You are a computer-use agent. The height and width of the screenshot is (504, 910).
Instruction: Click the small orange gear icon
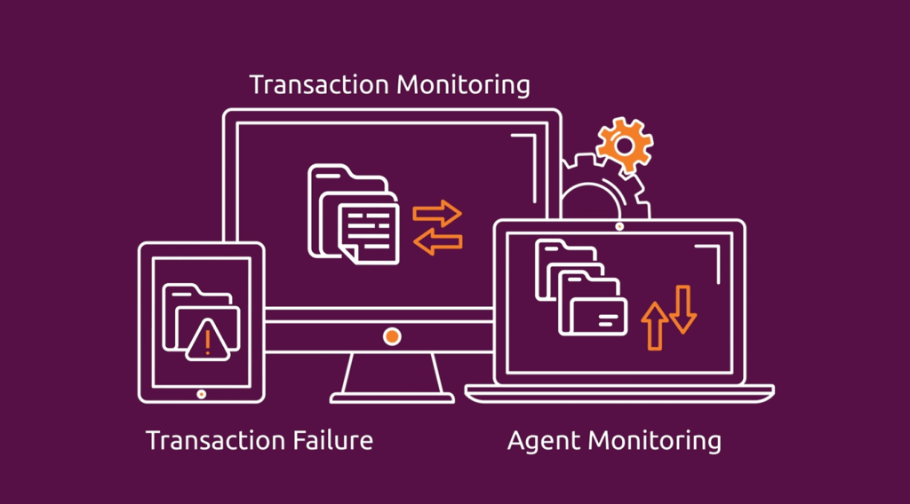tap(625, 144)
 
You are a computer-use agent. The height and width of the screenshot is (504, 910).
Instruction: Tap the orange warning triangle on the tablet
tap(208, 339)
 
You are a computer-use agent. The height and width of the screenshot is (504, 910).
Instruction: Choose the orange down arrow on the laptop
tap(682, 309)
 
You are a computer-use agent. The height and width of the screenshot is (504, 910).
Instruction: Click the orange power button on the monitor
tap(392, 335)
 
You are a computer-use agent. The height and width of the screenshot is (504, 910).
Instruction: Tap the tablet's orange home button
tap(202, 393)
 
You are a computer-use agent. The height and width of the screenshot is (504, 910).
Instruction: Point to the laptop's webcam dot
tap(619, 227)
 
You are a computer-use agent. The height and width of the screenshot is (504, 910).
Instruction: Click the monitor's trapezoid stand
tap(392, 376)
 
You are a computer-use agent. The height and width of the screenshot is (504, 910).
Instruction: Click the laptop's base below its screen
tap(619, 392)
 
